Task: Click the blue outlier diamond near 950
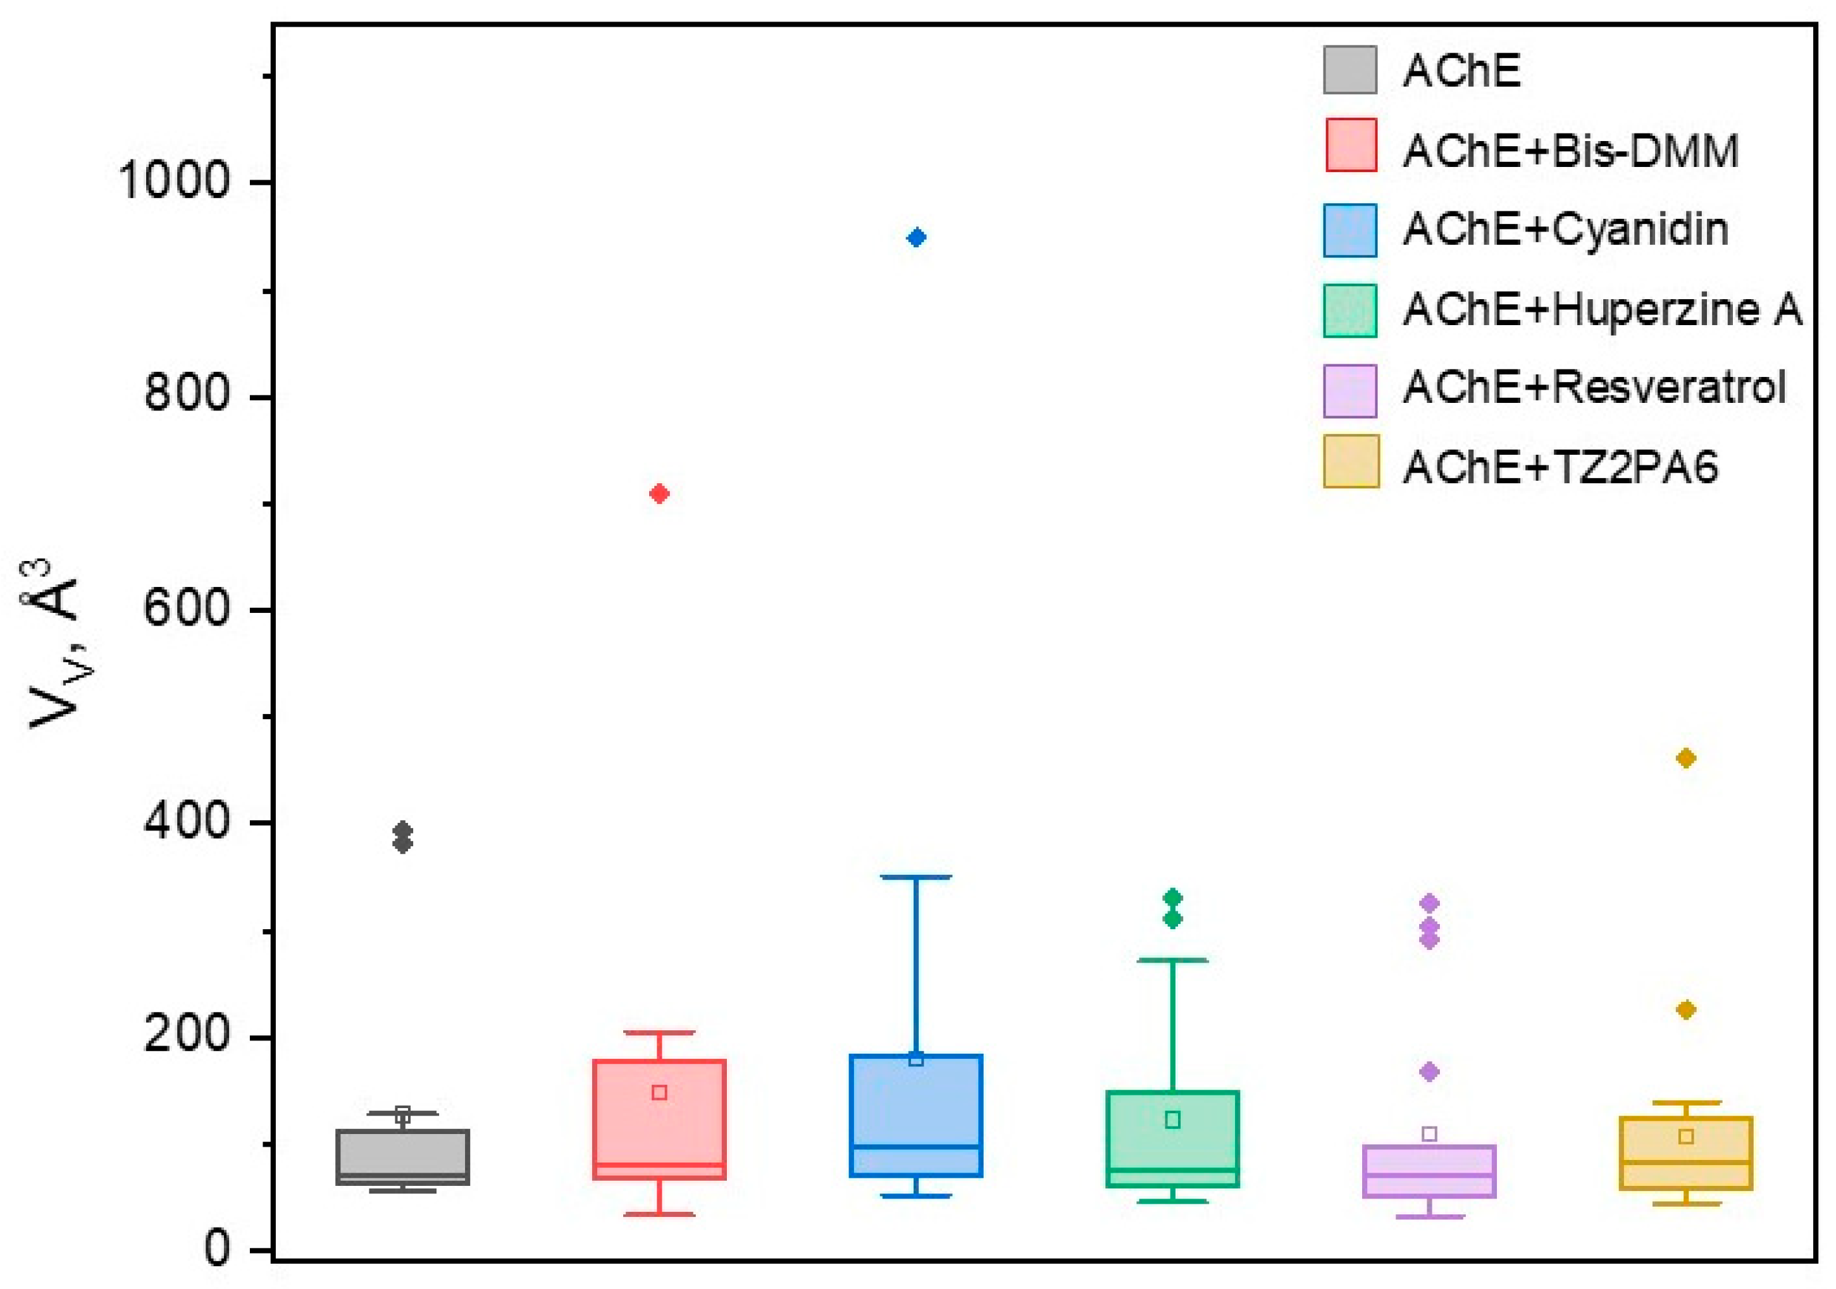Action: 916,237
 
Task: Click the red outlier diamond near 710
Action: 659,494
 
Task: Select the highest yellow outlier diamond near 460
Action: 1685,758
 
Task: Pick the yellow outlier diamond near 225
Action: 1685,1010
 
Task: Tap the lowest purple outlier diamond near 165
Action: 1429,1071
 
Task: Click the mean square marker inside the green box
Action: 1172,1120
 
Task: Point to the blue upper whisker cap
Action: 916,877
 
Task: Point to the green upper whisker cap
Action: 1172,959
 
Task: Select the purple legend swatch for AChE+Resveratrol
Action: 1350,390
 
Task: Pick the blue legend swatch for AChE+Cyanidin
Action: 1350,230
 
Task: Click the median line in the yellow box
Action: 1685,1162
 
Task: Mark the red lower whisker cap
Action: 659,1214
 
